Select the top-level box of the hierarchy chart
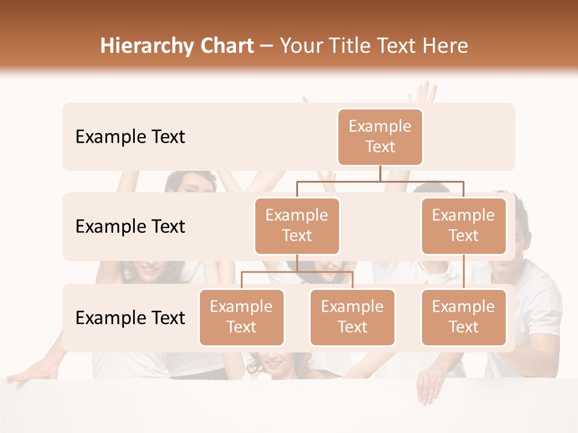pos(380,137)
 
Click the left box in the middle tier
pos(297,226)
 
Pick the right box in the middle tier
pos(464,226)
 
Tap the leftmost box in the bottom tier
pos(241,318)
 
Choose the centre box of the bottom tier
pos(352,318)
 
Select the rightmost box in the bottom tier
pos(464,318)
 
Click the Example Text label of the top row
pos(130,137)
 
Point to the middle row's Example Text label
pos(130,227)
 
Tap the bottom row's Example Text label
pos(130,318)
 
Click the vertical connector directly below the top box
pos(380,173)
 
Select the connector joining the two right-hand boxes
pos(464,272)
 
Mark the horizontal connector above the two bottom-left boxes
pos(297,272)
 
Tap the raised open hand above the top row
pos(423,93)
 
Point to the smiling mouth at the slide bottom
pos(274,363)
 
